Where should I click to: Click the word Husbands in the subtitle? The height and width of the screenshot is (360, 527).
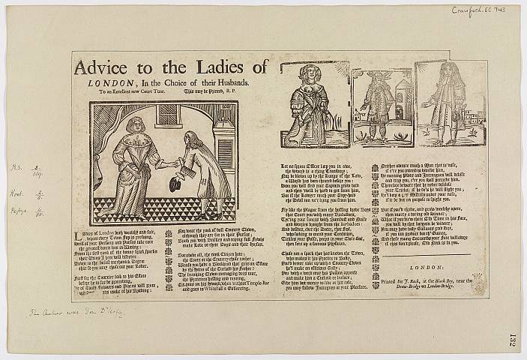pyautogui.click(x=245, y=84)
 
